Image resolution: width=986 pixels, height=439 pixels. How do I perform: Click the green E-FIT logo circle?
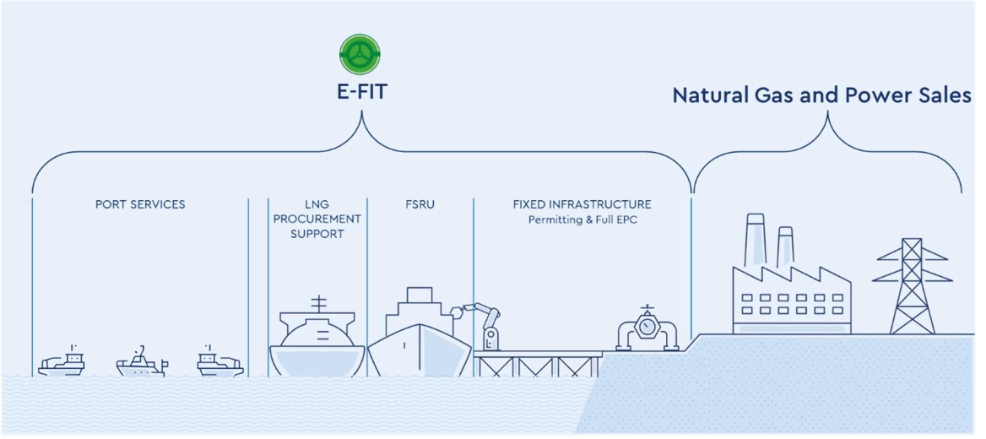(360, 55)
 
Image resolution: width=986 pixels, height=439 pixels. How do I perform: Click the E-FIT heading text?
(360, 93)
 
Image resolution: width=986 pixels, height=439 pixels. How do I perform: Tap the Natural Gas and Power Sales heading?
(822, 95)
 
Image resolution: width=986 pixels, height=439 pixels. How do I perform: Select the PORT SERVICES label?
(140, 204)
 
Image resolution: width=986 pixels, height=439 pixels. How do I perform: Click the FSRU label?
(420, 204)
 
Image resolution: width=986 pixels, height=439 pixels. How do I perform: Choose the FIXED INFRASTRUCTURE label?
(582, 204)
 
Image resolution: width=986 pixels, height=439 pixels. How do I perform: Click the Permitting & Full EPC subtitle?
(582, 220)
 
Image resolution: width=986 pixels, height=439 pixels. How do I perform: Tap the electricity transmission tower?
(912, 286)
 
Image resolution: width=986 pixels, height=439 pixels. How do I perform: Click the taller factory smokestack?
(755, 242)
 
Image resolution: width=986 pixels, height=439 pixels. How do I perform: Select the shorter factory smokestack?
(785, 248)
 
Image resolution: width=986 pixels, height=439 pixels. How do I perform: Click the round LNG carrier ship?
(317, 339)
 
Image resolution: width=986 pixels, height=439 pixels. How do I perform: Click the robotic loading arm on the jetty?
(481, 325)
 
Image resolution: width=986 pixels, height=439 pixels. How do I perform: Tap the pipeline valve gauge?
(647, 327)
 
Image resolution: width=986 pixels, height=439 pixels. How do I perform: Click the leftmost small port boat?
(61, 361)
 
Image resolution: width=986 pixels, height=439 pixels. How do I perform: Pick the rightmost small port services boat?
(220, 361)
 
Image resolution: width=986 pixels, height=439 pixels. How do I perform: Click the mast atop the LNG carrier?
(319, 304)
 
